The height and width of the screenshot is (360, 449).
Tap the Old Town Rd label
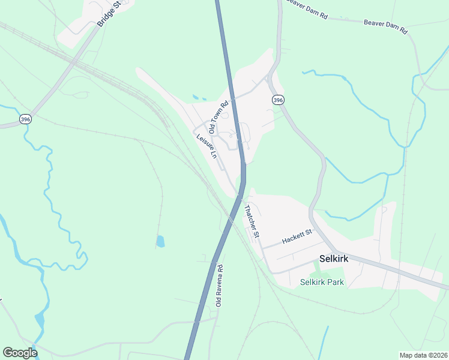pyautogui.click(x=218, y=117)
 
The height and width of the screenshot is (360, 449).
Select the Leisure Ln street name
pyautogui.click(x=206, y=146)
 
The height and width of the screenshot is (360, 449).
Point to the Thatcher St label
pyautogui.click(x=251, y=221)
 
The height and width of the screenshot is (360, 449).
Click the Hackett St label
pyautogui.click(x=298, y=236)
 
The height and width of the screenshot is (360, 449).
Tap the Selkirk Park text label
pyautogui.click(x=322, y=281)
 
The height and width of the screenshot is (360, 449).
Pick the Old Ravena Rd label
pyautogui.click(x=220, y=286)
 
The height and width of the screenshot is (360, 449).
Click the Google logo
pyautogui.click(x=20, y=353)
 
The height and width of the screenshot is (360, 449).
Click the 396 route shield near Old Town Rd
pyautogui.click(x=277, y=100)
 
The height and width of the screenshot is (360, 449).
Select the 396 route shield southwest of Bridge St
pyautogui.click(x=25, y=119)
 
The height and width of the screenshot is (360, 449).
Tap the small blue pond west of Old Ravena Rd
pyautogui.click(x=160, y=241)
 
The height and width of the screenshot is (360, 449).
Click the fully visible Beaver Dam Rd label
pyautogui.click(x=385, y=26)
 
